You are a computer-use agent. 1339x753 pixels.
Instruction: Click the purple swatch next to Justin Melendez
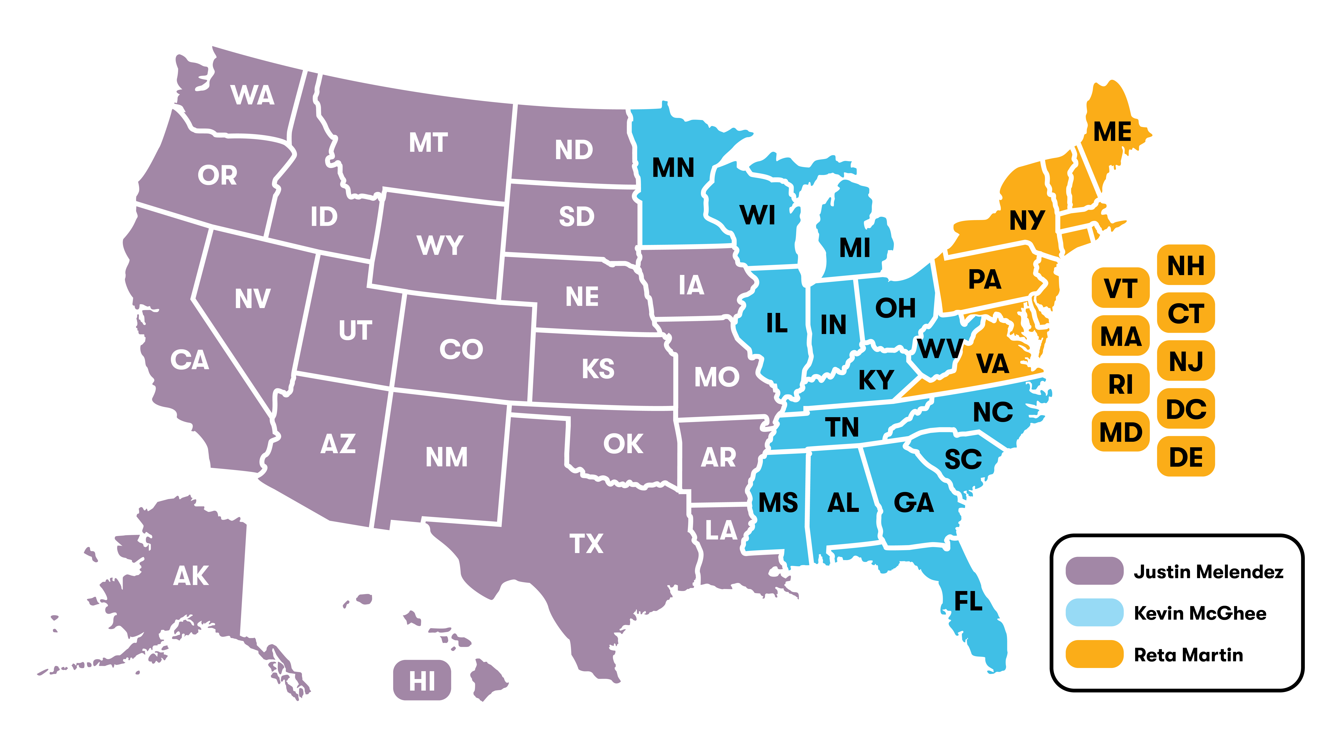click(x=1094, y=571)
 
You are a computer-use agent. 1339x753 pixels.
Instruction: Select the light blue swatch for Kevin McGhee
click(x=1094, y=613)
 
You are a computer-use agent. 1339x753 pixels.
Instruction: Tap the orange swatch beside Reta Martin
click(x=1094, y=654)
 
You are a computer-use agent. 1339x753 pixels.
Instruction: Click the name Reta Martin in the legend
click(x=1188, y=655)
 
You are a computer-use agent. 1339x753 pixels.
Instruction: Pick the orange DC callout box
click(x=1186, y=409)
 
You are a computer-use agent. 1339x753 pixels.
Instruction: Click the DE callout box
click(x=1186, y=457)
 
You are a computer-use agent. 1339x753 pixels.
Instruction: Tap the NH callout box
click(x=1186, y=265)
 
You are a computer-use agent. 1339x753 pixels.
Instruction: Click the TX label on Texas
click(x=586, y=543)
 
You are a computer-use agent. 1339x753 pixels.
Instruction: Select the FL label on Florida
click(x=968, y=601)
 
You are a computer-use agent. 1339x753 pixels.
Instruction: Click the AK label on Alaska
click(x=191, y=576)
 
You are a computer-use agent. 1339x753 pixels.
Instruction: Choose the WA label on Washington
click(x=253, y=95)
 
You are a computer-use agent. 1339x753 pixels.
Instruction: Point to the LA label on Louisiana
click(x=721, y=530)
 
